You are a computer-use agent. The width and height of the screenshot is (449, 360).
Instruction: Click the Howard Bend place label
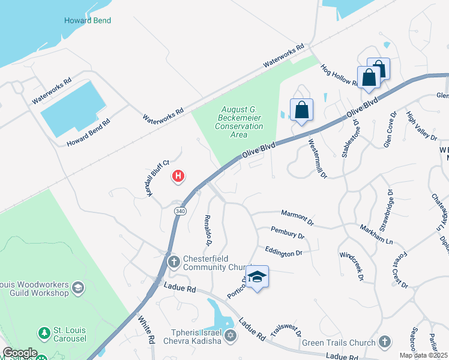[x=88, y=20]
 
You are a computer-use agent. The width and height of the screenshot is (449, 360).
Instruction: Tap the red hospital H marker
[x=178, y=176]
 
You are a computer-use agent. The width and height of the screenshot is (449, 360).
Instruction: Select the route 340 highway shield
[x=180, y=211]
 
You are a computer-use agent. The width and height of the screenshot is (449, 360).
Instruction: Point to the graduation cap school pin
[x=257, y=277]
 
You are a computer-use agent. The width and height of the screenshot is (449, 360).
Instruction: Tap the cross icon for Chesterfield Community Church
[x=173, y=261]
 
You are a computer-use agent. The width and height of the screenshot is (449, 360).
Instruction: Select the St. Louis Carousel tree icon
[x=43, y=332]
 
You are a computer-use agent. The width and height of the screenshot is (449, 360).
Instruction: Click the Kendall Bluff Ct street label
[x=158, y=178]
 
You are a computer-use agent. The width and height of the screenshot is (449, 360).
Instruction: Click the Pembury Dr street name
[x=288, y=233]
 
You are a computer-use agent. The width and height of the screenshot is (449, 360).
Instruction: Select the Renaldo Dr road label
[x=208, y=230]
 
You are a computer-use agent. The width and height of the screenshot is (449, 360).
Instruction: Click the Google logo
[x=19, y=353]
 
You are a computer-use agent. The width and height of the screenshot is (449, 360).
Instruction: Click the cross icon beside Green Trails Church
[x=385, y=343]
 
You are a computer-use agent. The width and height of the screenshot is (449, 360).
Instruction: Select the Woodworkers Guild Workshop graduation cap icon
[x=77, y=288]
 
